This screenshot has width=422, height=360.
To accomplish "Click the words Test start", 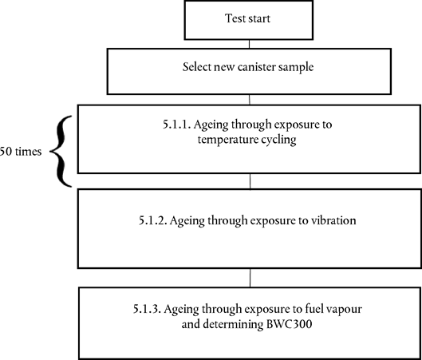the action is click(x=247, y=18).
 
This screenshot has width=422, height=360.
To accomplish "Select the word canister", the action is click(x=257, y=67).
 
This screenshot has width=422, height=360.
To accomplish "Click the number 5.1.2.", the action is click(x=152, y=220).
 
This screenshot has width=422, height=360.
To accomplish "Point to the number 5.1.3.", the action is click(x=147, y=309).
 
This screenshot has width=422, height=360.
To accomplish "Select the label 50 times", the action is click(x=21, y=152).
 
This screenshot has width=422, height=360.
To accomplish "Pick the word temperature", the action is click(x=227, y=140).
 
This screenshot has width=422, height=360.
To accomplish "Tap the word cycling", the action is click(x=278, y=140).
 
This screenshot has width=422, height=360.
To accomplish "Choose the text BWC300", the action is click(x=289, y=324).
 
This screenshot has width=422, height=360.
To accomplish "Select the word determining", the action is click(x=233, y=324).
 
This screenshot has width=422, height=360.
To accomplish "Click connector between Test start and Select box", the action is click(x=249, y=44).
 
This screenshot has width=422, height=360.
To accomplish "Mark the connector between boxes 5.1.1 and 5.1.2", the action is click(x=250, y=181).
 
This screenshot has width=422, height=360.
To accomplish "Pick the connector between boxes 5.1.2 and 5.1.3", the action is click(x=250, y=278).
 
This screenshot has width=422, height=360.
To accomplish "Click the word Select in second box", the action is click(x=197, y=67).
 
